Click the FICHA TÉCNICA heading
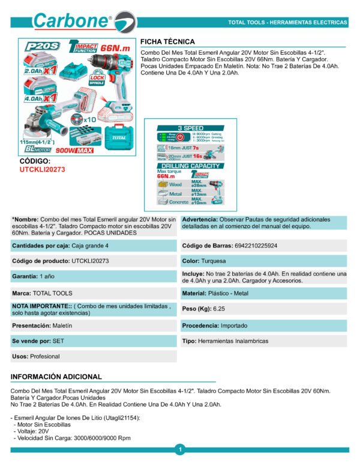tap(167, 41)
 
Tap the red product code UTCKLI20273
tap(43, 170)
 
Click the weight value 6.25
tap(219, 308)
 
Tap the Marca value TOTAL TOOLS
tap(53, 293)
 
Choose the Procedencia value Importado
tap(234, 325)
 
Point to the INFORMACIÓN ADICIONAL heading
tap(56, 377)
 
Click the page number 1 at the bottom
tap(179, 450)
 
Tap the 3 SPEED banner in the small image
tap(190, 129)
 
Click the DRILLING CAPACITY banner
tap(190, 165)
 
